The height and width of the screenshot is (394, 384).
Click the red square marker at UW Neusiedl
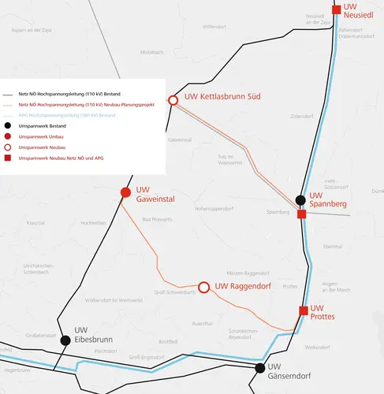[337, 10]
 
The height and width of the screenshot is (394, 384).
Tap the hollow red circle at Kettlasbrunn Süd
[173, 100]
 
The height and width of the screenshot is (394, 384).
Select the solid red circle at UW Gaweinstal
[125, 192]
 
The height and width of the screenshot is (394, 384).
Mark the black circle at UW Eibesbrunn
[65, 340]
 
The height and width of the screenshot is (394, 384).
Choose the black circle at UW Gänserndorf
[260, 368]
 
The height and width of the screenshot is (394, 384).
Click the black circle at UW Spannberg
[300, 200]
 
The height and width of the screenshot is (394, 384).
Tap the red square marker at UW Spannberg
[301, 214]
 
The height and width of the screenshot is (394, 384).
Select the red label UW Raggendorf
[243, 287]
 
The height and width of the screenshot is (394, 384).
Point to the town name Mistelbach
[151, 52]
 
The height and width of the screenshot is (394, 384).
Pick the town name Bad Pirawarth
[156, 219]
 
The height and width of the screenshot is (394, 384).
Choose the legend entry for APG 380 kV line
[67, 116]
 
